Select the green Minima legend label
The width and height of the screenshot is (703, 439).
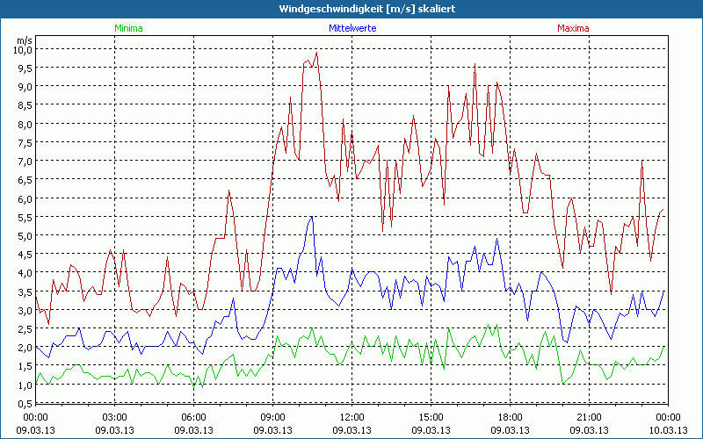[128, 28]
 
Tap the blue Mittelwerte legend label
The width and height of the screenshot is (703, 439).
[352, 28]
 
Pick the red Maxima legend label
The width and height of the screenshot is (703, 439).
[574, 28]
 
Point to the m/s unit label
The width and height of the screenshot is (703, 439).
[24, 40]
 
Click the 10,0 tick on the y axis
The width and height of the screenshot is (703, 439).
[22, 49]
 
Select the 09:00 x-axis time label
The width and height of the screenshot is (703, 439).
[272, 417]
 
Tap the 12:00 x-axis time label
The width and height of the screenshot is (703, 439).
[351, 417]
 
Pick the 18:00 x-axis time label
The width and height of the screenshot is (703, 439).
[510, 417]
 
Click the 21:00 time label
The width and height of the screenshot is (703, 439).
[589, 417]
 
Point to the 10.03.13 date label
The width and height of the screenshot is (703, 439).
[668, 430]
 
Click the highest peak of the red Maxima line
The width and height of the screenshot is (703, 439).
[316, 53]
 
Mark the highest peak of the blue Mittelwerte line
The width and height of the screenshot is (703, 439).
[311, 217]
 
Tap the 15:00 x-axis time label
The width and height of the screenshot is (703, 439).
[431, 417]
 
